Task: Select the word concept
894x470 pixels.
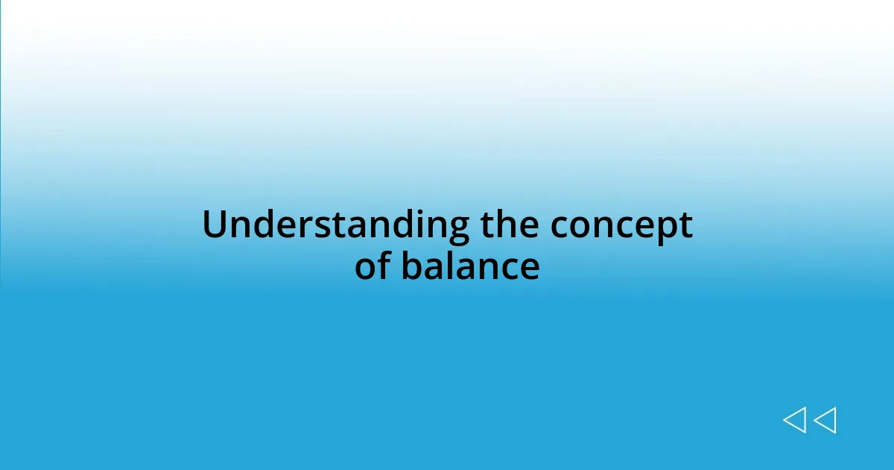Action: (x=621, y=227)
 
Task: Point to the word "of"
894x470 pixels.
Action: (x=373, y=266)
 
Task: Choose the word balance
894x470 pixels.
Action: (x=470, y=266)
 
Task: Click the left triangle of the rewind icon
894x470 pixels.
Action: (x=794, y=420)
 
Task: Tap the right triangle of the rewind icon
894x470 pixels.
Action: (x=825, y=420)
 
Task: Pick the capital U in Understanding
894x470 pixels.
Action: (x=215, y=225)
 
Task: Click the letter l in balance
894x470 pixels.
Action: (x=448, y=265)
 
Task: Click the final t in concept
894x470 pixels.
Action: (x=686, y=226)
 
